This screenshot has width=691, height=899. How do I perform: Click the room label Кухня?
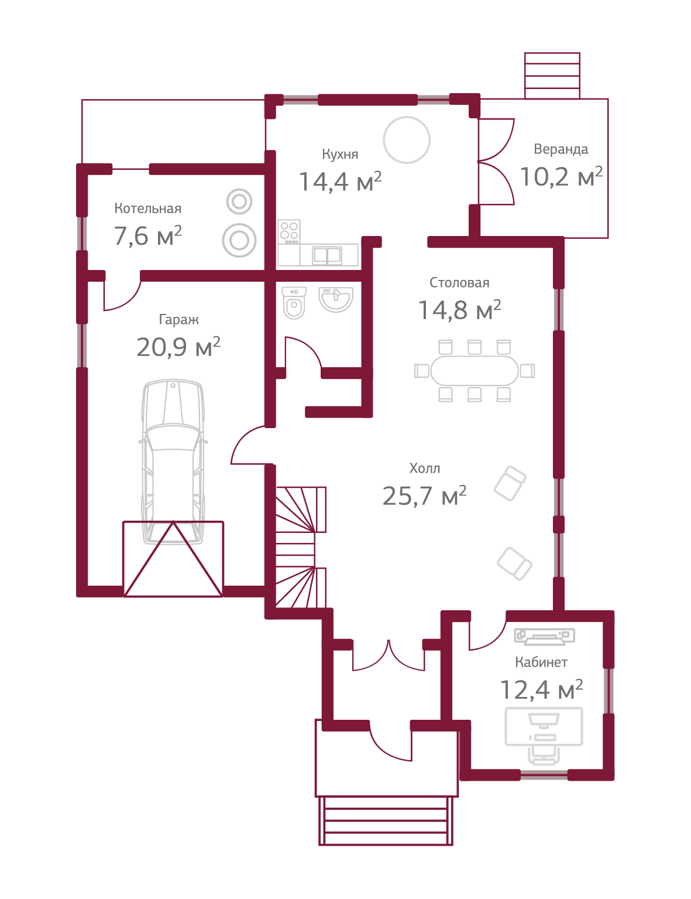coord(340,155)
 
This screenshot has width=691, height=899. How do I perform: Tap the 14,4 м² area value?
coord(340,182)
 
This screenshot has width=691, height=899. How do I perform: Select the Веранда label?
coord(561,149)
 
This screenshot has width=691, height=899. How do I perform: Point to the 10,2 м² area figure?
coord(561,176)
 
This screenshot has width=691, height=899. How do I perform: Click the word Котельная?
coord(147,208)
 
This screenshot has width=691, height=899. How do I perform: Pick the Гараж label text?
coord(178,320)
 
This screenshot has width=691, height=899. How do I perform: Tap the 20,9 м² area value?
coord(178,347)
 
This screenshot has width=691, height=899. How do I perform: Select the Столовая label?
coord(459,283)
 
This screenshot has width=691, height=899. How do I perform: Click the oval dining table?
coord(474,371)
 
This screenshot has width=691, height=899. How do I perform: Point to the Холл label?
coord(425,469)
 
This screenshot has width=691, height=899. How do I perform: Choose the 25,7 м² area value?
coord(424,496)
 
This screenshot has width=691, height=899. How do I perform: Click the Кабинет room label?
coord(541,662)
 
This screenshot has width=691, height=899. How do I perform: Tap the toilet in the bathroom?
coord(294,303)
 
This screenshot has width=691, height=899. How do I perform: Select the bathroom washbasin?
coord(336,299)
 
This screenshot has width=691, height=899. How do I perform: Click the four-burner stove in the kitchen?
coord(289,231)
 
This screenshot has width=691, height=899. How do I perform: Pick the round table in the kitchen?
coord(407,140)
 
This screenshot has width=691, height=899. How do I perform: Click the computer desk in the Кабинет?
coord(544,726)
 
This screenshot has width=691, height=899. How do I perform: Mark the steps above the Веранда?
coord(552,76)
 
